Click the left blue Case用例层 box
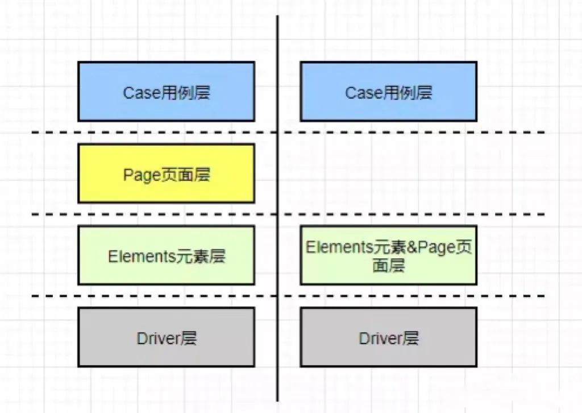[166, 92]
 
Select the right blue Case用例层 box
[388, 92]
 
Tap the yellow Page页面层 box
[166, 174]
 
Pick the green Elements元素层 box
[166, 255]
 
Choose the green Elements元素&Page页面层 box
[388, 255]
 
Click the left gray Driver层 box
[166, 337]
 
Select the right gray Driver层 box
[388, 337]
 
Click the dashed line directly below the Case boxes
[171, 133]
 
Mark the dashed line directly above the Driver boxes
[171, 296]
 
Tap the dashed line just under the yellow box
[171, 214]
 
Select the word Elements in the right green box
[339, 247]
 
